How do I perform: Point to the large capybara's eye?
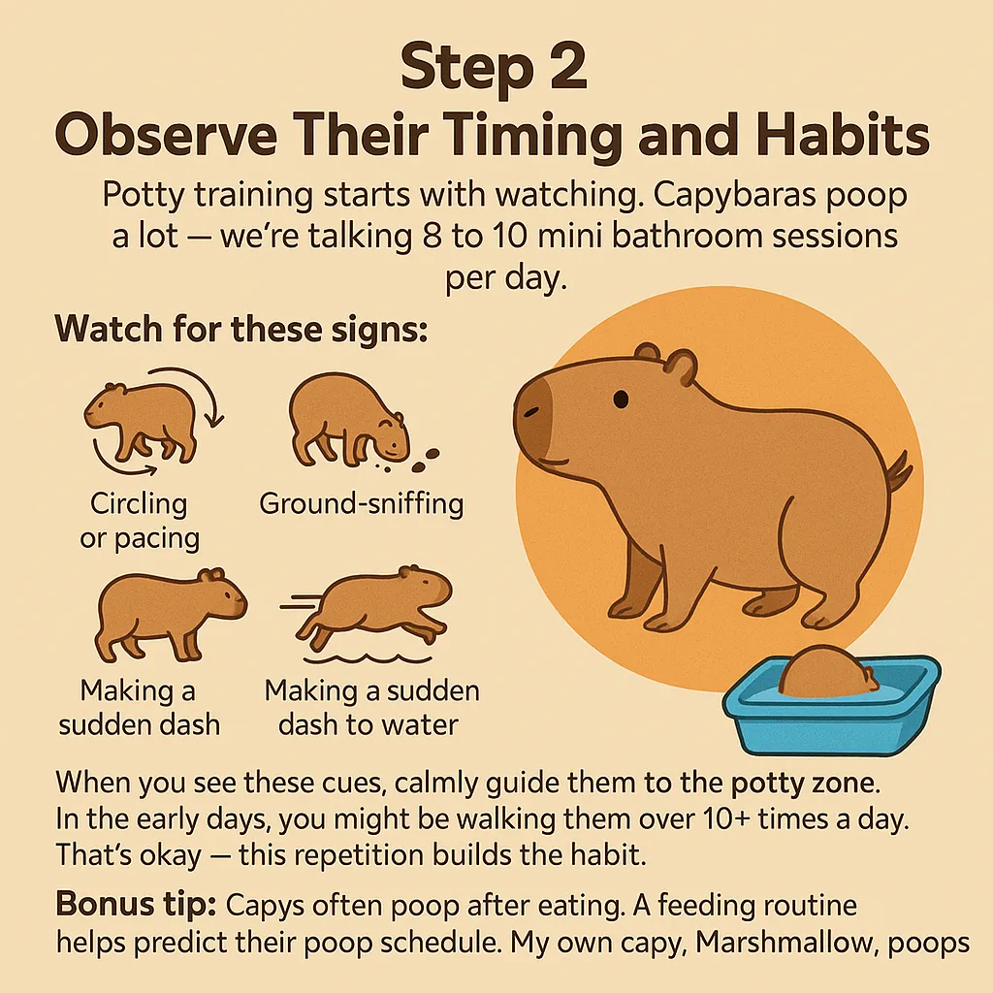click(620, 398)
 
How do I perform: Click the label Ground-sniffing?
click(361, 504)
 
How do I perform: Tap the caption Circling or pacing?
click(139, 522)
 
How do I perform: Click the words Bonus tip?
click(135, 904)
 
